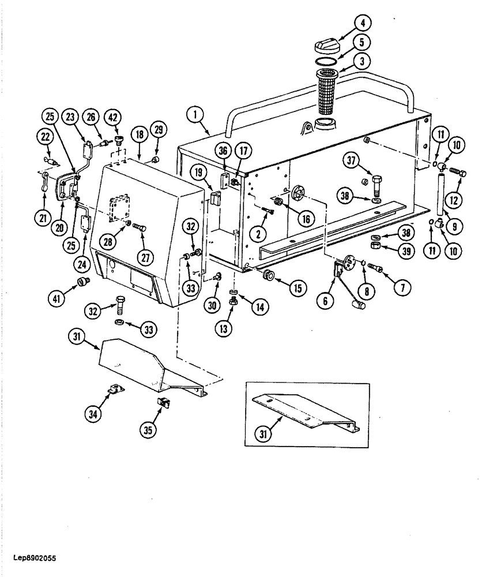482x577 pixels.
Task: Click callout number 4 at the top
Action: [x=362, y=24]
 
